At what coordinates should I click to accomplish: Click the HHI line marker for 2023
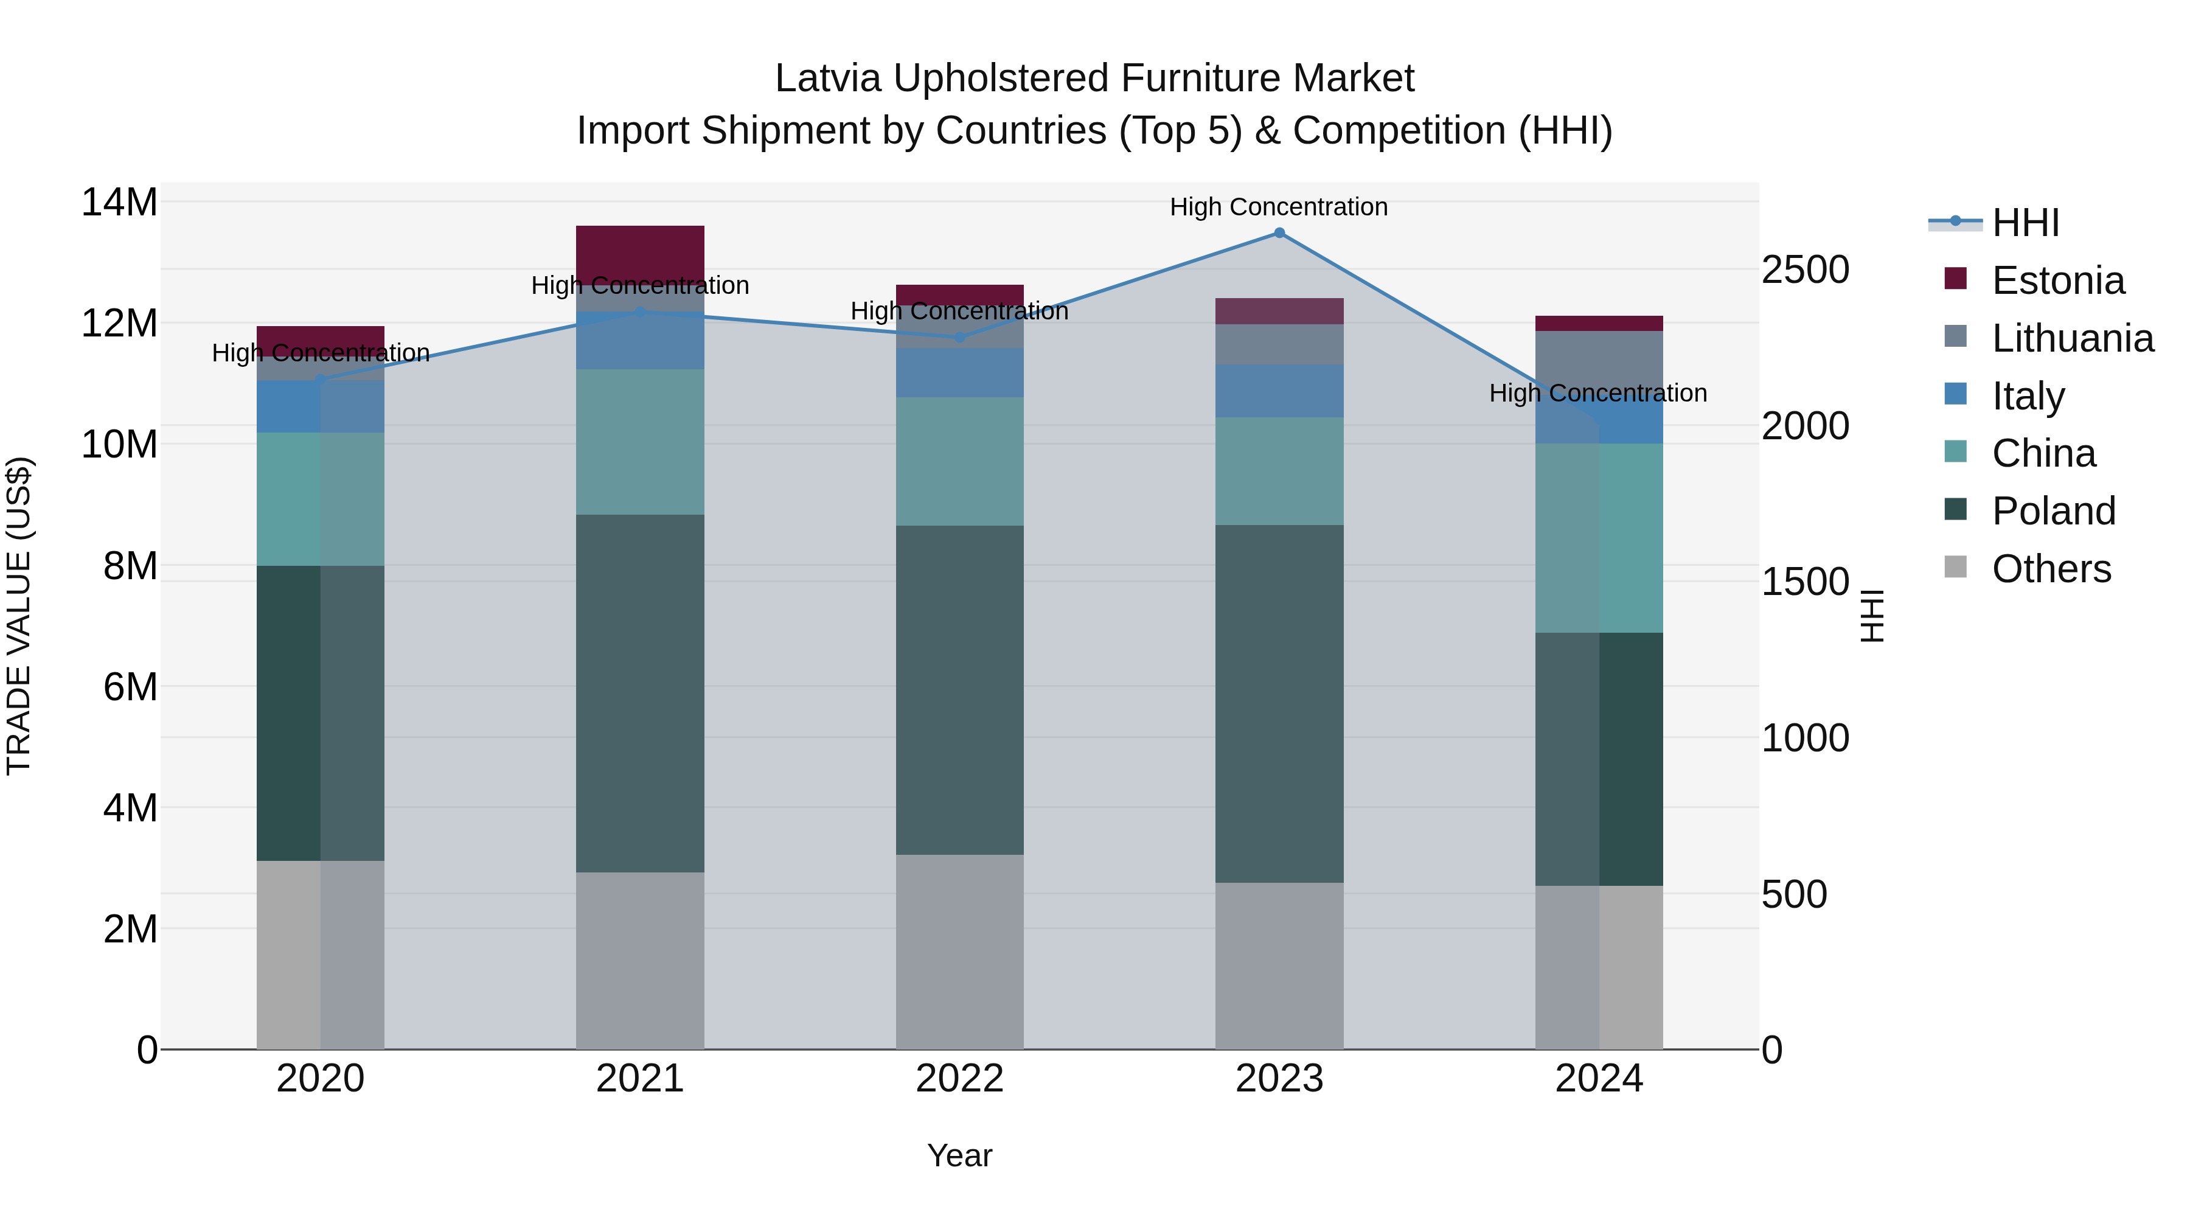(1279, 233)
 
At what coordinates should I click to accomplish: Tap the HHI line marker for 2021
(640, 312)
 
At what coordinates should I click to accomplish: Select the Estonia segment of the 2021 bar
(640, 252)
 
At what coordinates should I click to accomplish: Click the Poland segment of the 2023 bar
(1279, 703)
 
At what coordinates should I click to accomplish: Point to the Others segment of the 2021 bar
(640, 960)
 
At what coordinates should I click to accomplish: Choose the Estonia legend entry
(2057, 280)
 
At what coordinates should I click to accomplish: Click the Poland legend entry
(2053, 511)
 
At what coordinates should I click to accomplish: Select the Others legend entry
(2051, 569)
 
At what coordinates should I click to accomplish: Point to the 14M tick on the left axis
(119, 203)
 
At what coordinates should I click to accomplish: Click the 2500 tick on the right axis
(1805, 270)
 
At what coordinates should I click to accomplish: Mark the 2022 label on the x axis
(960, 1079)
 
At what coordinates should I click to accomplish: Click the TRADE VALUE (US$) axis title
(19, 616)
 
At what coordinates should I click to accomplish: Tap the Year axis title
(960, 1155)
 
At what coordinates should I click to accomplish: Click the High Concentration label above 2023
(1279, 207)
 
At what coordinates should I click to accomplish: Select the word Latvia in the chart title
(828, 78)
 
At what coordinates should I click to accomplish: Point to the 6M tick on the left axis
(130, 686)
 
